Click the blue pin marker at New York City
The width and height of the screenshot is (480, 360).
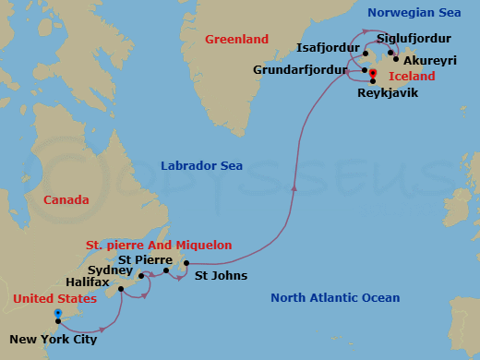tap(57, 315)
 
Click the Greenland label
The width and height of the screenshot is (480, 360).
tap(237, 40)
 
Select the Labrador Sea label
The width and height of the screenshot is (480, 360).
tap(201, 166)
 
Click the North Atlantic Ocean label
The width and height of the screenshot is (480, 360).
tap(336, 297)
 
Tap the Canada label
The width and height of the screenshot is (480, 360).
tap(66, 200)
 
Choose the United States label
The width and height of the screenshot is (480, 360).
tap(54, 299)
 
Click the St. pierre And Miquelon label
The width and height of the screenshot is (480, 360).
tap(158, 245)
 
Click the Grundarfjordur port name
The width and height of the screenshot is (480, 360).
tap(300, 69)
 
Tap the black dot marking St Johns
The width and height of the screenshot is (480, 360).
tap(186, 264)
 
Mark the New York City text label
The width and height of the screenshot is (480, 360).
tap(52, 339)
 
